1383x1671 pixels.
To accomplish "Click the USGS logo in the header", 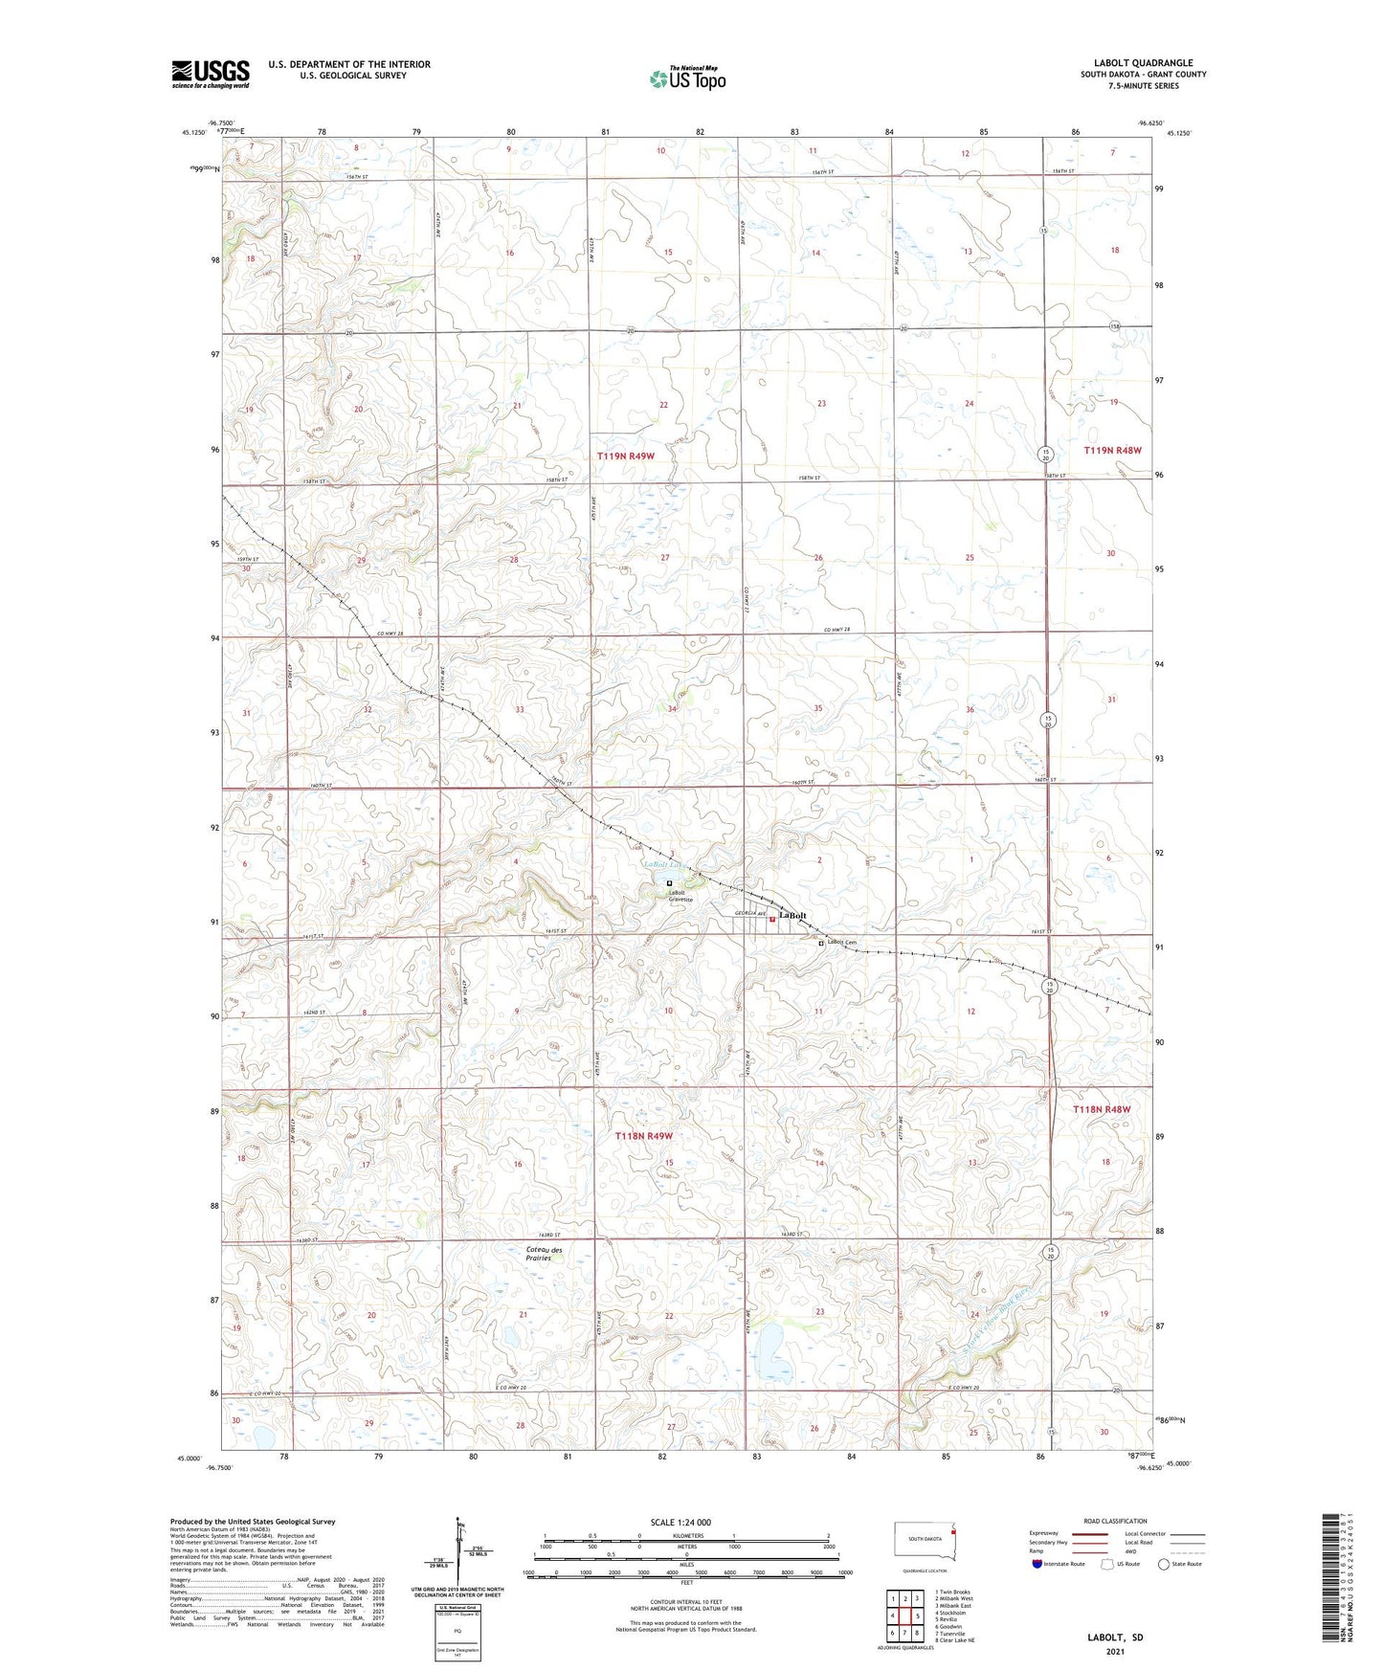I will (x=211, y=74).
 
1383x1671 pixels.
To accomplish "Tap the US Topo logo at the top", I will (x=687, y=78).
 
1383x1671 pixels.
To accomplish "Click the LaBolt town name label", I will (x=792, y=916).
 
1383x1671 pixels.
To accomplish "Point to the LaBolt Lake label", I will (x=659, y=866).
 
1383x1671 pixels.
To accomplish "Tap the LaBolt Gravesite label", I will (x=680, y=896).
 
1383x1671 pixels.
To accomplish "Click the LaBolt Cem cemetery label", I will (x=842, y=943).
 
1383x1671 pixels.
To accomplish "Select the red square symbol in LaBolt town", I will (x=772, y=921).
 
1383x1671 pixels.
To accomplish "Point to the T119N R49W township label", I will (x=626, y=457).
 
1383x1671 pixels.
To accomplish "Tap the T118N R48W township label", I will (x=1101, y=1109).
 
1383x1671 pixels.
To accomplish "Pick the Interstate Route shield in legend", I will (x=1038, y=1564).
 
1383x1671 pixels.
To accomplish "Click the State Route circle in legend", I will (x=1164, y=1564).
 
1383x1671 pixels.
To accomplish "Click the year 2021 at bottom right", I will (x=1115, y=1652).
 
